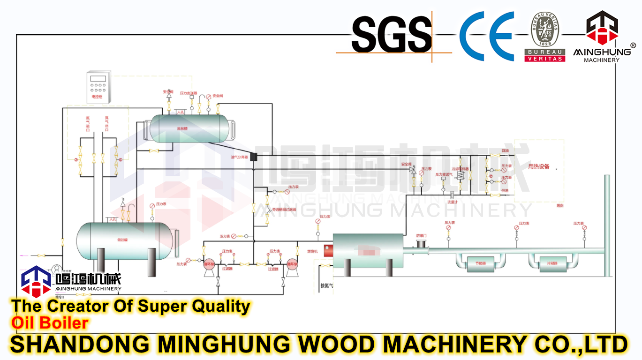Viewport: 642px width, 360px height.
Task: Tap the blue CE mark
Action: pos(486,36)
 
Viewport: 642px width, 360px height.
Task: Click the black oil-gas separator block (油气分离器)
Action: pos(254,157)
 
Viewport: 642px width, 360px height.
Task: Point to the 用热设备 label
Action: pos(538,166)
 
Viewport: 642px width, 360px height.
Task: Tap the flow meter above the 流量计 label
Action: pos(452,195)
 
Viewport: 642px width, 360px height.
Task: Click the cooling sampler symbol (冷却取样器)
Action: pos(460,176)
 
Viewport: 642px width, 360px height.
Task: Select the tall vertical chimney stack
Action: pos(607,225)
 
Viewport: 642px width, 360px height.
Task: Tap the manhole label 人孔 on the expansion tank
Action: pos(181,112)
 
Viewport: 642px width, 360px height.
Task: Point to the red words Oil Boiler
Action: pos(50,323)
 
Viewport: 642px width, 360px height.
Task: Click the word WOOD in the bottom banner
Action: pos(334,344)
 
